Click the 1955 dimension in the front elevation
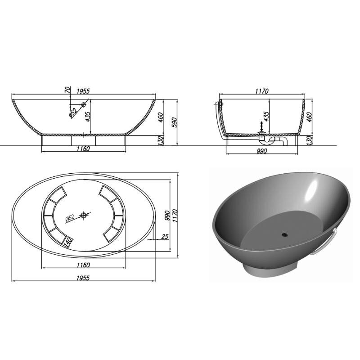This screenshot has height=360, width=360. click(83, 91)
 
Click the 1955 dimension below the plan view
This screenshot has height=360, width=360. click(83, 278)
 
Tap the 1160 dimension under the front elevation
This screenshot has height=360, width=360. click(83, 148)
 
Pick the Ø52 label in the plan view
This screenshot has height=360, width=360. click(70, 218)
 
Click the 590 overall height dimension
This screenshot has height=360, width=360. click(174, 122)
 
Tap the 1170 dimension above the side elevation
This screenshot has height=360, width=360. click(262, 91)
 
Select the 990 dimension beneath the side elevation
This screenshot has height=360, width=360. click(262, 151)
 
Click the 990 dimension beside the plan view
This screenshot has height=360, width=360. click(167, 216)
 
